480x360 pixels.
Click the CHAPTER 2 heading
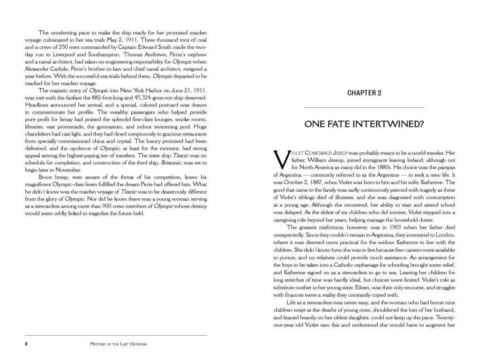[364, 93]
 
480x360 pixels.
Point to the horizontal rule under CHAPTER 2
[364, 108]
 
